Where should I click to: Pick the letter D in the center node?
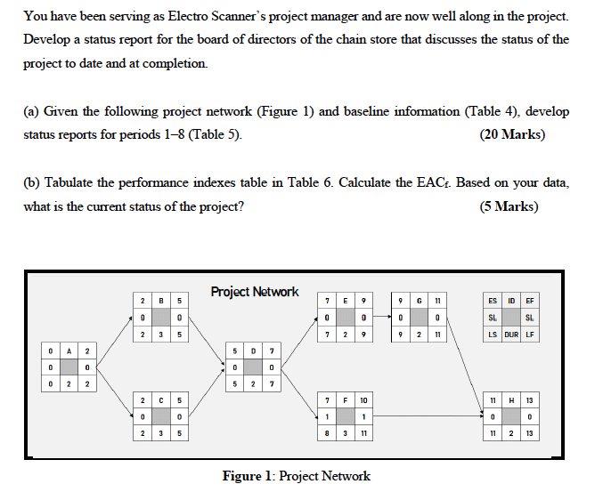coord(254,351)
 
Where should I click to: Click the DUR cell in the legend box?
coord(512,335)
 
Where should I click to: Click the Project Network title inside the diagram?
coord(255,292)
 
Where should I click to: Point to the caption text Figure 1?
coord(296,476)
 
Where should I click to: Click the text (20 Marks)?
coord(512,135)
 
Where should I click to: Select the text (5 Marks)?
coord(509,206)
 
